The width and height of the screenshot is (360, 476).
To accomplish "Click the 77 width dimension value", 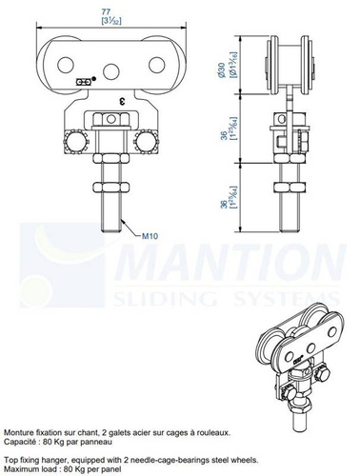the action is pyautogui.click(x=106, y=11).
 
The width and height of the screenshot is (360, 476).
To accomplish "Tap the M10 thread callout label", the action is pyautogui.click(x=150, y=236).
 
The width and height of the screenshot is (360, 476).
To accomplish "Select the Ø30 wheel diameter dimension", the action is pyautogui.click(x=222, y=69).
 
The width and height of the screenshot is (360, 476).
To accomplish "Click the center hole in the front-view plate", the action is pyautogui.click(x=111, y=71).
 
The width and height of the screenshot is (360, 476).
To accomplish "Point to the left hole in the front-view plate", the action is pyautogui.click(x=66, y=65).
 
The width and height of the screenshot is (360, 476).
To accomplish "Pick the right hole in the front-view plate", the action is pyautogui.click(x=156, y=65).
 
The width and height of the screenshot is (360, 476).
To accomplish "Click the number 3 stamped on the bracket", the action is pyautogui.click(x=121, y=102).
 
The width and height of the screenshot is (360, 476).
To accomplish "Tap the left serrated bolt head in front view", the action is pyautogui.click(x=76, y=142).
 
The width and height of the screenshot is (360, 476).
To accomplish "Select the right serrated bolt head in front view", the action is pyautogui.click(x=146, y=142).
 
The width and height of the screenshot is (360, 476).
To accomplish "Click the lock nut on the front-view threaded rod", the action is pyautogui.click(x=110, y=188).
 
